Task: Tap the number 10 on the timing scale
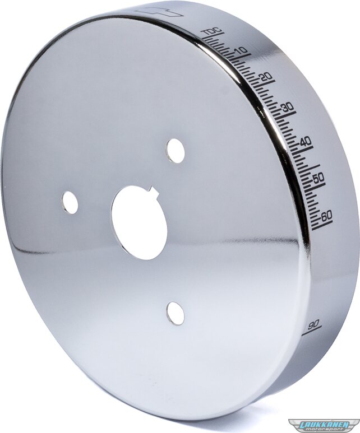tap(241, 51)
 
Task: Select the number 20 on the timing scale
tap(266, 77)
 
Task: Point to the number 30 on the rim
tap(287, 107)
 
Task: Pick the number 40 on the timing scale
tap(305, 141)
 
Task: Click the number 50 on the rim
tap(318, 178)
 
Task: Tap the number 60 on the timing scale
tap(326, 216)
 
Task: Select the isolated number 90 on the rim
tap(314, 324)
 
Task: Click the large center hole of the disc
tap(139, 222)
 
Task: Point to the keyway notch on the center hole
tap(153, 192)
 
